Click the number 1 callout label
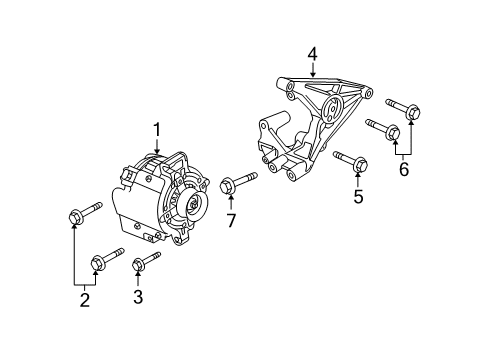156,129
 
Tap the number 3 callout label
138,297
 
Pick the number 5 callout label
358,197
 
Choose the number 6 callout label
403,171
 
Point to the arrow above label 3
138,278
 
